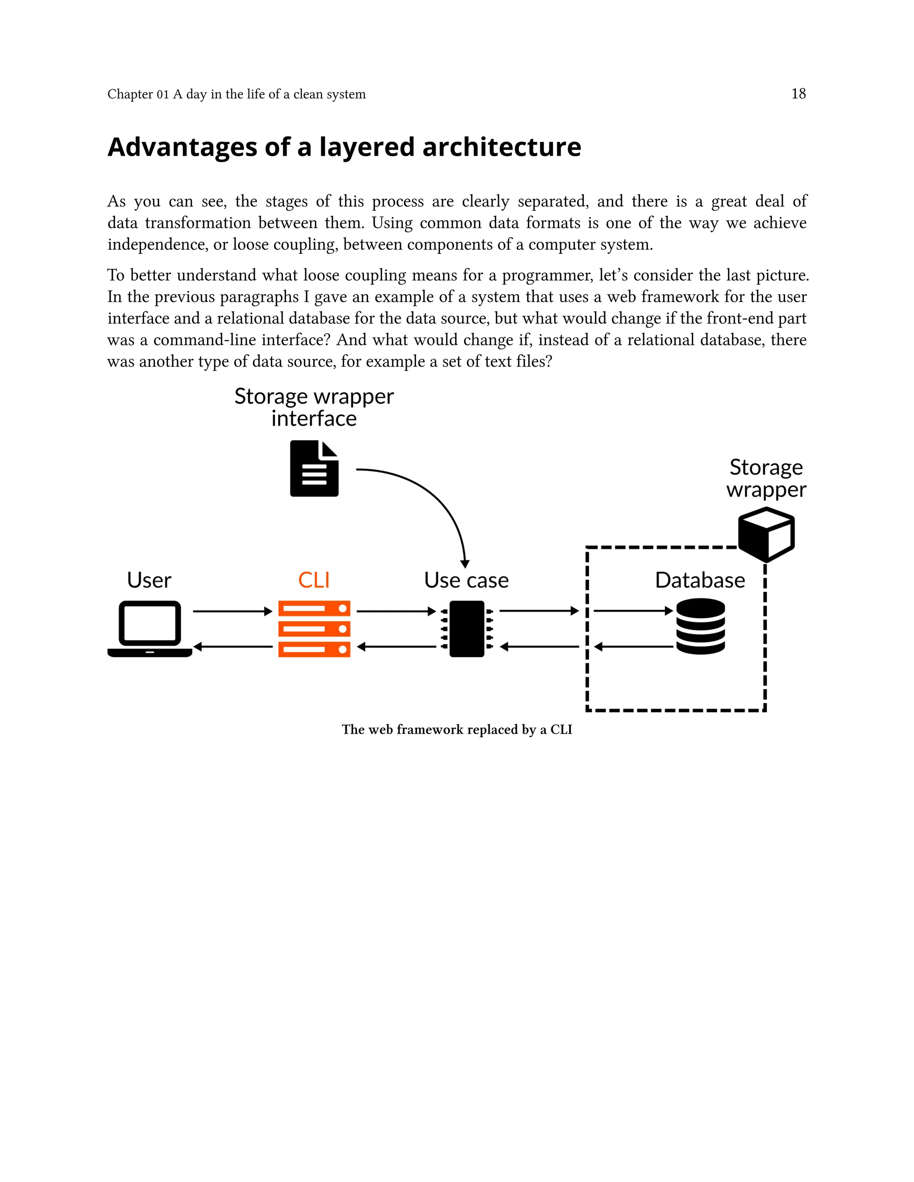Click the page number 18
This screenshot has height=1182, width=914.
click(798, 94)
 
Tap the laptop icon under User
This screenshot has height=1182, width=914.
click(150, 628)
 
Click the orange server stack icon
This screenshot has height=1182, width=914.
click(314, 628)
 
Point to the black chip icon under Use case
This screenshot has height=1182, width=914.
click(467, 628)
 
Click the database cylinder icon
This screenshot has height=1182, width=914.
click(700, 626)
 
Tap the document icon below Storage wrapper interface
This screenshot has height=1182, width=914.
click(314, 468)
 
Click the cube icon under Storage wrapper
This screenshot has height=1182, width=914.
click(766, 534)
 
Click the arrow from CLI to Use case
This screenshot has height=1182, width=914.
click(396, 611)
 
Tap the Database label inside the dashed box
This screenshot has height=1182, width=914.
click(700, 580)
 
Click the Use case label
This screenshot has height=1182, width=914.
click(466, 580)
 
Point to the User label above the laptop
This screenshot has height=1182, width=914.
click(149, 580)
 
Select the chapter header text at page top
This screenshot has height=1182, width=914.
click(236, 94)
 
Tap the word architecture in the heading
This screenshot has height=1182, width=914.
click(501, 147)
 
